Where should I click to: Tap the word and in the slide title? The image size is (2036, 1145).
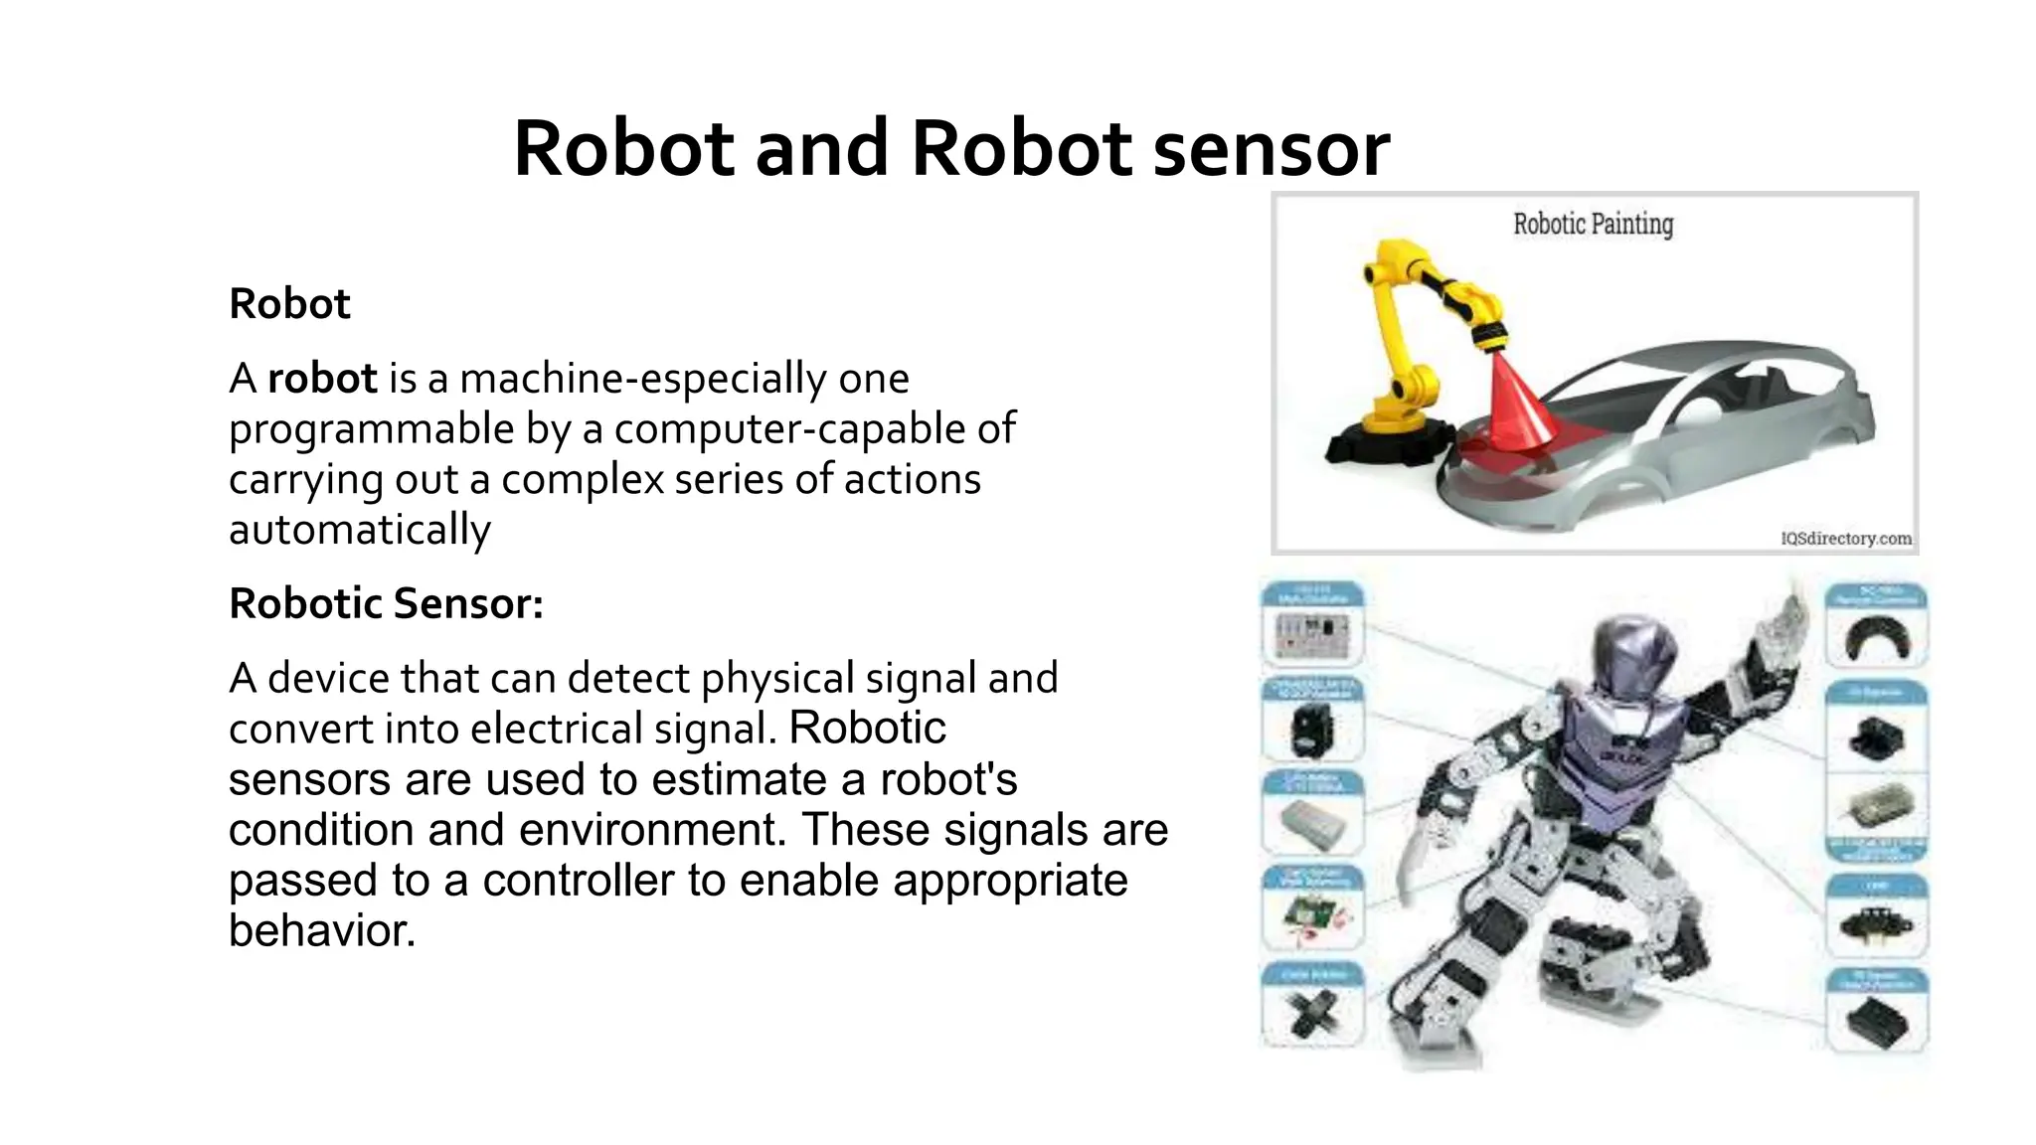tap(821, 149)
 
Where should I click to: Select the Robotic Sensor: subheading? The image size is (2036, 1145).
tap(386, 603)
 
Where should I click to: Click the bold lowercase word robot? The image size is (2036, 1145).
tap(322, 379)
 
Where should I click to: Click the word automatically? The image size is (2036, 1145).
tap(360, 530)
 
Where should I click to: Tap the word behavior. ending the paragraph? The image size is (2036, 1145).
tap(321, 931)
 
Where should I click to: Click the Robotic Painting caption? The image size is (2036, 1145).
tap(1593, 225)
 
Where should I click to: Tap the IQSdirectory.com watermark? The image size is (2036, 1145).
tap(1846, 539)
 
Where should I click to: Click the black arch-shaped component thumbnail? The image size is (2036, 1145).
tap(1876, 639)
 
